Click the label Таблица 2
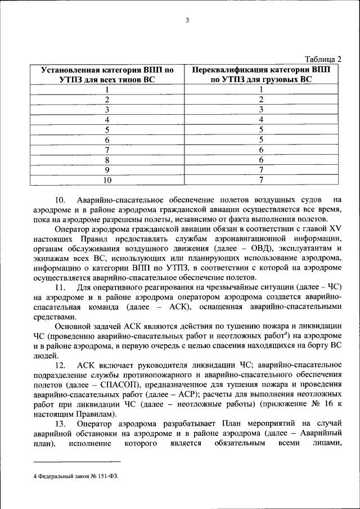323,58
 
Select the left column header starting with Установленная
107,75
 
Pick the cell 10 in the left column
107,180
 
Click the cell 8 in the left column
107,160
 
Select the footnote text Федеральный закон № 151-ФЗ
77,476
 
